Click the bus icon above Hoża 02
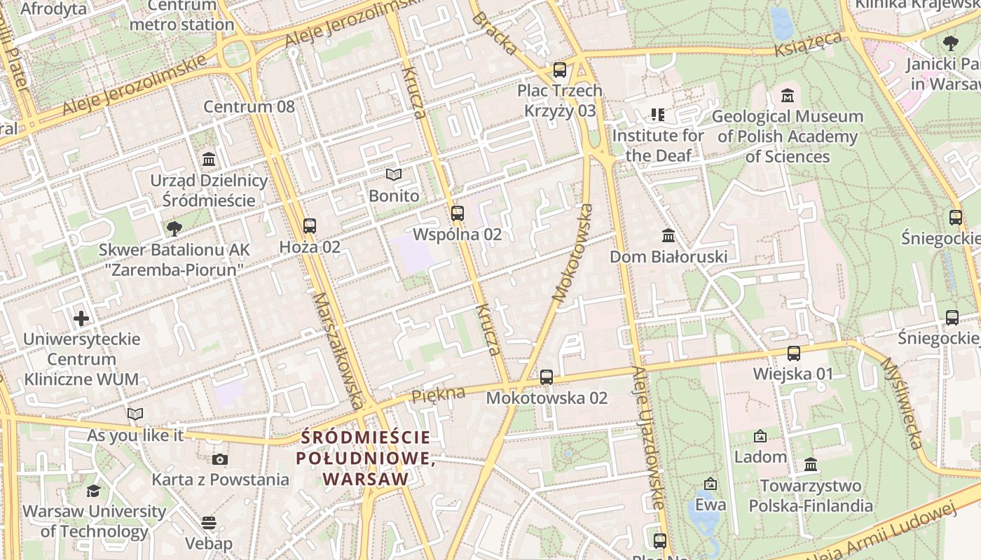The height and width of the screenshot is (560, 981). [x=309, y=226]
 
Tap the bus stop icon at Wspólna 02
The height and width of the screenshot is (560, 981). [x=458, y=213]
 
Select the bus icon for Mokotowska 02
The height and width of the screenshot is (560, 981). [x=547, y=377]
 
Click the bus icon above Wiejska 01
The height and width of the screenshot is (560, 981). [x=793, y=353]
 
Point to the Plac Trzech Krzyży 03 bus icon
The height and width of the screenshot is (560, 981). [x=559, y=70]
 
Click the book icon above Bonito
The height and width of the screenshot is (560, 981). [x=394, y=175]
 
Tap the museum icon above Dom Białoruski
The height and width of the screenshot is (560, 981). [x=668, y=235]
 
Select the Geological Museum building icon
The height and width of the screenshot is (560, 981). [x=787, y=95]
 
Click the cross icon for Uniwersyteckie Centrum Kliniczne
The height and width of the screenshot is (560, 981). [x=81, y=318]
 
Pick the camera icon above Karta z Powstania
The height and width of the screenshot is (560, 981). [x=220, y=459]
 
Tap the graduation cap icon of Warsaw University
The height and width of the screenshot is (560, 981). [x=93, y=491]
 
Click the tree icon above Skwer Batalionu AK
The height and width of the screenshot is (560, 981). [x=174, y=228]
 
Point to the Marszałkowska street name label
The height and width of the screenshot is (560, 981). [x=338, y=350]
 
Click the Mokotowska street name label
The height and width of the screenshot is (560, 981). [x=573, y=253]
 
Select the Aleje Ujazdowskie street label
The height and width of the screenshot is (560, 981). [x=647, y=437]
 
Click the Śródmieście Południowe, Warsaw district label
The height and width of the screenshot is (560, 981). [x=365, y=458]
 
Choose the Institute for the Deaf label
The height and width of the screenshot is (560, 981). [x=658, y=145]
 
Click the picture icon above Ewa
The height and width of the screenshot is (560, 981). [x=711, y=484]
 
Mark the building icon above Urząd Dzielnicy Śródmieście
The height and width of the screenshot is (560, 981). [x=209, y=160]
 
